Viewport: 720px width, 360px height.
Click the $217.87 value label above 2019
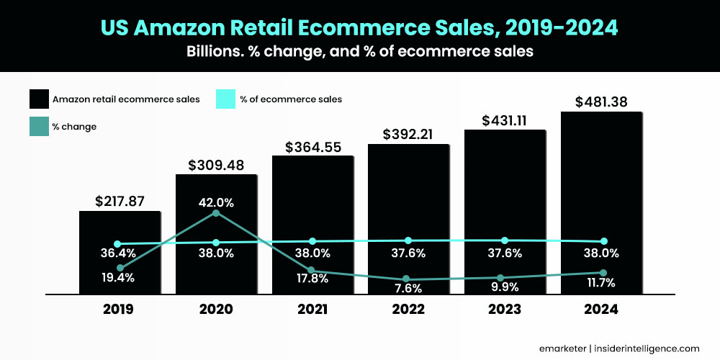120,201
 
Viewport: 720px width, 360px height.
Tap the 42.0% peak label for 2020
216,202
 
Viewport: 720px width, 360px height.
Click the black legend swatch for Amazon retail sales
40,99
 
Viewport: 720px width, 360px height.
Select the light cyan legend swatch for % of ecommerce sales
227,99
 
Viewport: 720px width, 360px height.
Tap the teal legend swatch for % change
40,126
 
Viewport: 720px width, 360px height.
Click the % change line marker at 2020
216,213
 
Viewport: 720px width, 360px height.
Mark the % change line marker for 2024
603,273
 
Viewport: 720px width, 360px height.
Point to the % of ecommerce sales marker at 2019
118,244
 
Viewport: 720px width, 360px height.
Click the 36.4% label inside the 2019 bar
117,253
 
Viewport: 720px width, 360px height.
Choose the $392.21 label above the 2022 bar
408,134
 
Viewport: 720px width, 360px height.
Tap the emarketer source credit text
562,347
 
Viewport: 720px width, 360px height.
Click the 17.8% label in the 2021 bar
312,279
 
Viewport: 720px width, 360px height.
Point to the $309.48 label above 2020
216,165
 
